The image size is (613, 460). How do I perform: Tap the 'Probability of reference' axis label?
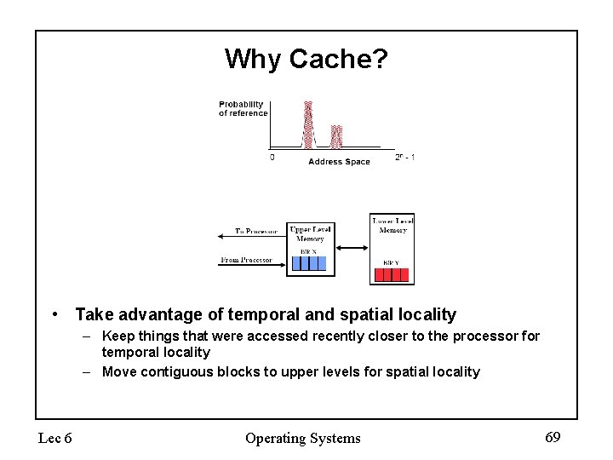[x=243, y=109]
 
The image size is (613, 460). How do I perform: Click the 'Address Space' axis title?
[x=339, y=162]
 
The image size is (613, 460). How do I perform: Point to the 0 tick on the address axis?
[x=272, y=158]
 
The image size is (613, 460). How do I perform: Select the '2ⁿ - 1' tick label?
[x=405, y=158]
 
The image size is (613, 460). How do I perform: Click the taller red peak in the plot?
[x=308, y=124]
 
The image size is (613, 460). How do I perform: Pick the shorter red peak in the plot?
[x=336, y=136]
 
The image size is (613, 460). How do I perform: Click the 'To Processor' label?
[x=256, y=231]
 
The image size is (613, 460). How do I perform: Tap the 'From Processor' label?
[x=246, y=260]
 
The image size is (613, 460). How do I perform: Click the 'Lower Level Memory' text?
[x=392, y=227]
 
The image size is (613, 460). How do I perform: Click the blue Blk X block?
[x=308, y=262]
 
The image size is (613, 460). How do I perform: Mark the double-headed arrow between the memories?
[x=352, y=248]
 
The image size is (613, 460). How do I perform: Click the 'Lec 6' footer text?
[x=54, y=438]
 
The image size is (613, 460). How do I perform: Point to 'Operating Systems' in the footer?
[x=302, y=438]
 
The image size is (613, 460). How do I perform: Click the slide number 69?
[x=553, y=437]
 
